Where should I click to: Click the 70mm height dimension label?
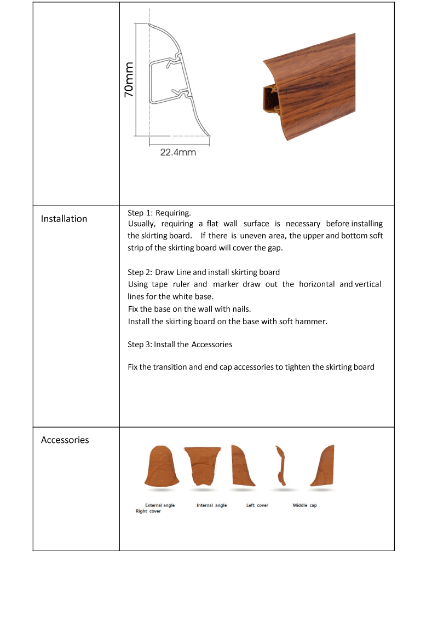click(x=129, y=79)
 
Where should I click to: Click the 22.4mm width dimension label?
click(x=178, y=153)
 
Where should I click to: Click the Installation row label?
click(x=64, y=219)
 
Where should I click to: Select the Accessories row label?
click(x=65, y=440)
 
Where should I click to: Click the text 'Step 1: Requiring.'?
click(x=159, y=213)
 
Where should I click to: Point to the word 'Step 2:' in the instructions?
click(x=140, y=272)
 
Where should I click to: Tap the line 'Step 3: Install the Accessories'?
click(x=180, y=344)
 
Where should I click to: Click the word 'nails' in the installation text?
click(x=239, y=309)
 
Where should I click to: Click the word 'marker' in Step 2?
click(x=226, y=284)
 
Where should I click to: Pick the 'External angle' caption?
click(x=160, y=505)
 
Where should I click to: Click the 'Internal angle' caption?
click(x=212, y=505)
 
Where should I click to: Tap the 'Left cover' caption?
click(x=257, y=505)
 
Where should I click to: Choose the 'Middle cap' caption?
click(x=305, y=505)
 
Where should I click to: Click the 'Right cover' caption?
click(x=148, y=511)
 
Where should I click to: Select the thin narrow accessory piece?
click(x=281, y=465)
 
